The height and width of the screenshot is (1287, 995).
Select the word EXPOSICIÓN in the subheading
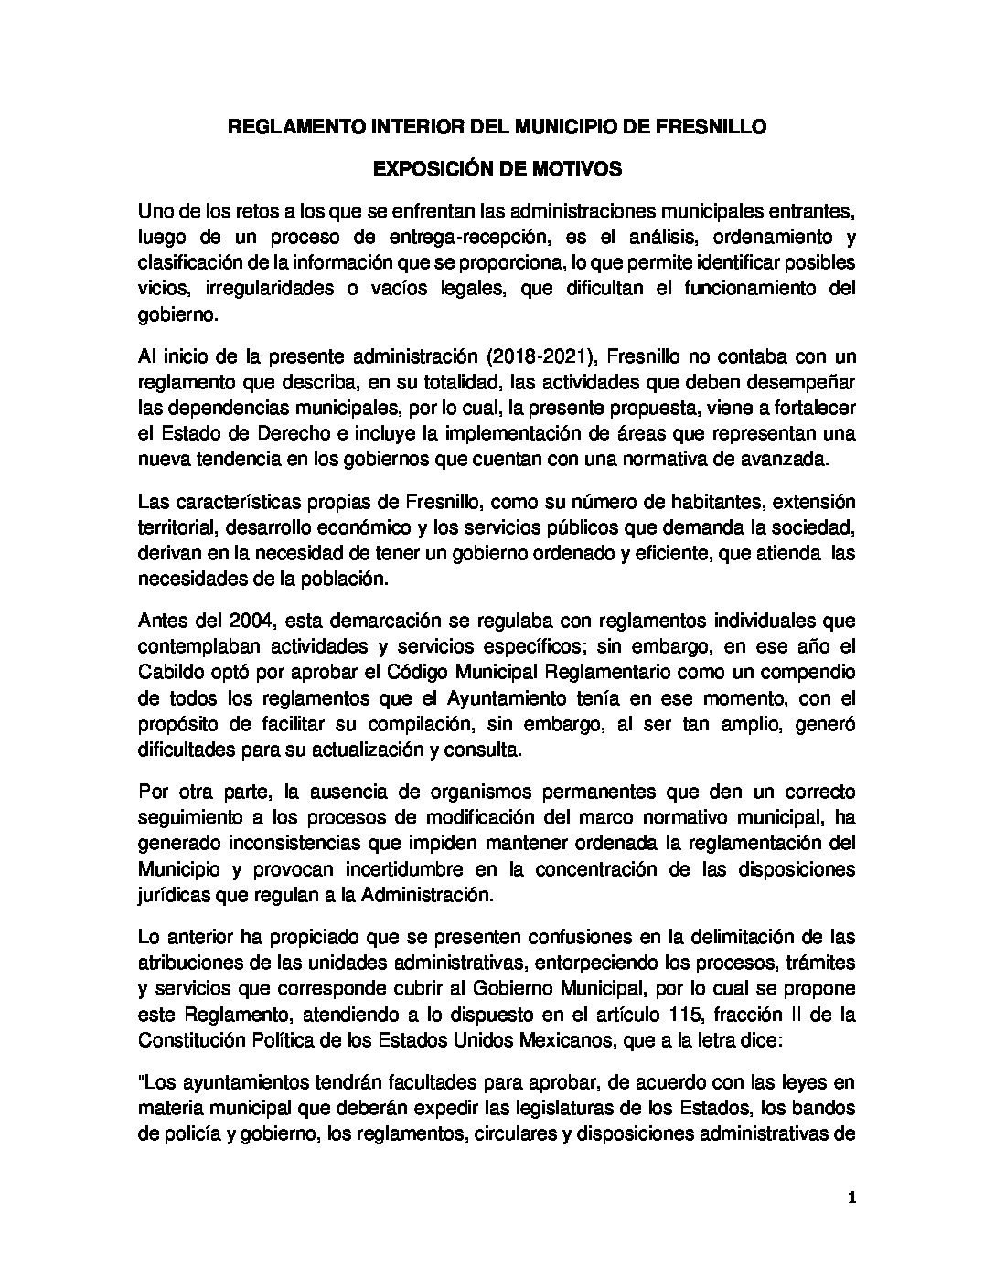click(x=424, y=169)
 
